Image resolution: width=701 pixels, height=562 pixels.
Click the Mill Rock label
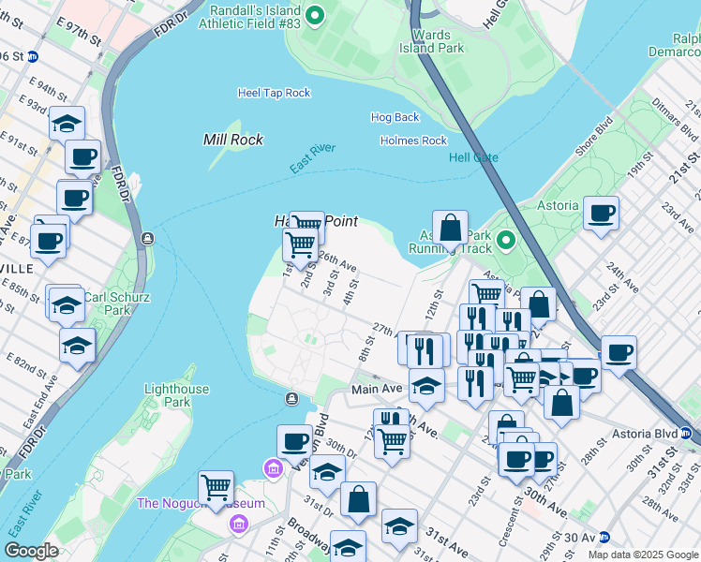click(x=233, y=140)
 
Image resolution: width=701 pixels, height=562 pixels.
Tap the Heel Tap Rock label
click(x=274, y=93)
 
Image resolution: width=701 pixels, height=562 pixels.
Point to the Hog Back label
click(x=395, y=117)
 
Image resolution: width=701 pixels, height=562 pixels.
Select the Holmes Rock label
click(x=413, y=140)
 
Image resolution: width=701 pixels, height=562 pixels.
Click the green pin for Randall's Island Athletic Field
click(x=315, y=14)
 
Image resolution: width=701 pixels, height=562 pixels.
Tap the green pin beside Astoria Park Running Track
click(x=506, y=242)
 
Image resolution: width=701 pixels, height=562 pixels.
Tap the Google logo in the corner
click(x=31, y=550)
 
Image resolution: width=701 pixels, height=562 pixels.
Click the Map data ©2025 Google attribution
click(x=642, y=555)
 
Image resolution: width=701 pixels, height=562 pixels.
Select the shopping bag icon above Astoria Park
click(x=450, y=228)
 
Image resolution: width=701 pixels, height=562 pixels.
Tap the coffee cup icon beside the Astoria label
click(x=601, y=212)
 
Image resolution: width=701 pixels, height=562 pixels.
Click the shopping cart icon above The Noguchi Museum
click(x=216, y=487)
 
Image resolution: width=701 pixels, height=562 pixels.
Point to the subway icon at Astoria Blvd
click(x=685, y=434)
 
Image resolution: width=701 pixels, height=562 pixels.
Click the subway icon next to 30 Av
click(x=604, y=538)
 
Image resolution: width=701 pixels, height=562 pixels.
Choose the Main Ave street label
click(x=377, y=389)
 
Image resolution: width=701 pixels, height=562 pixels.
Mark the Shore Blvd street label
click(x=594, y=135)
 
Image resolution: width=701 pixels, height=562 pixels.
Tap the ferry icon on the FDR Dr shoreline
click(x=147, y=238)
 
